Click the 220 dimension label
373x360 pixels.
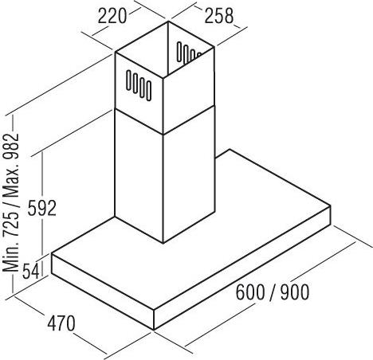[x=112, y=17]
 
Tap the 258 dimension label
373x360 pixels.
[x=219, y=16]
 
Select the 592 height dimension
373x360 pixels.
[x=42, y=208]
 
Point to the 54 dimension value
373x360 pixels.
[x=31, y=271]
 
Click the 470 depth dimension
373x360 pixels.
[x=61, y=323]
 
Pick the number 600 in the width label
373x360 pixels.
[x=250, y=292]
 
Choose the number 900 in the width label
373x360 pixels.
[x=295, y=292]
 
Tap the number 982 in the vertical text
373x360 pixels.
[x=12, y=147]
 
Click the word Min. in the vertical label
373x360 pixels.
[x=12, y=257]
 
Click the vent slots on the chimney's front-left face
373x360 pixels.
[x=139, y=85]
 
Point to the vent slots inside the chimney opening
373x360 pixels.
[x=189, y=53]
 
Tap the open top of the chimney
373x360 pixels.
[x=165, y=50]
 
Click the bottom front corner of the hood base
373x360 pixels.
[x=154, y=330]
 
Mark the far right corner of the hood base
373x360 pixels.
[x=331, y=205]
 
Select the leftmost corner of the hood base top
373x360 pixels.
[x=52, y=254]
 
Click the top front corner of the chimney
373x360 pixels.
[x=163, y=78]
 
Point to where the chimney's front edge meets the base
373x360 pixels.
[x=163, y=243]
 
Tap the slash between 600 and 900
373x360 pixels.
[x=273, y=292]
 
